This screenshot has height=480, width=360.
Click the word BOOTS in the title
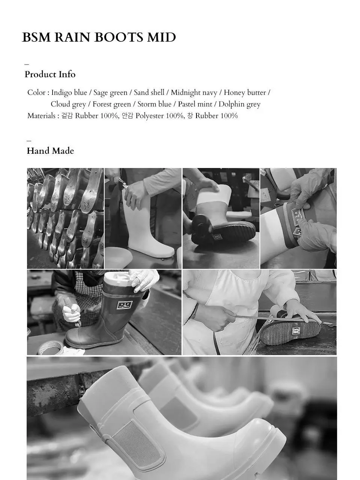[x=119, y=37]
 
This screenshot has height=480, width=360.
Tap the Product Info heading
[x=50, y=74]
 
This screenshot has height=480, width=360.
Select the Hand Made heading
[x=50, y=151]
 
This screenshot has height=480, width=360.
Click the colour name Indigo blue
[x=69, y=93]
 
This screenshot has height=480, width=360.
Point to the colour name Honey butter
[x=245, y=93]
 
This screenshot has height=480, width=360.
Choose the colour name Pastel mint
[x=195, y=104]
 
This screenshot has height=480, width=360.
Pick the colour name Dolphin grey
[x=240, y=104]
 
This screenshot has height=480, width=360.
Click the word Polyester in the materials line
[x=150, y=116]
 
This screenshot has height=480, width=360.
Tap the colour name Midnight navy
[x=194, y=93]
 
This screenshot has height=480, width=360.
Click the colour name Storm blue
[x=154, y=104]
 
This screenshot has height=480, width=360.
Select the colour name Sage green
[x=110, y=93]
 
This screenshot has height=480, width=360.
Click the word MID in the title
[x=162, y=37]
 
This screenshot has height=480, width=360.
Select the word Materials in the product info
[x=41, y=116]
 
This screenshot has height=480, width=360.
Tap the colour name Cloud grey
[x=68, y=104]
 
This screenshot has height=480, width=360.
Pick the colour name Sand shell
[x=149, y=93]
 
